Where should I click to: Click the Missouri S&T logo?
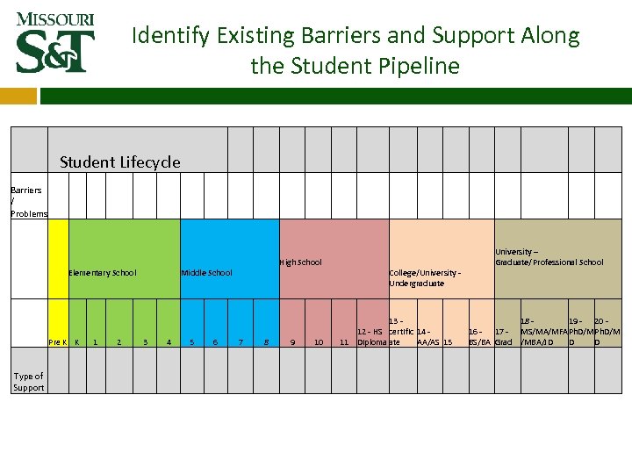(x=55, y=42)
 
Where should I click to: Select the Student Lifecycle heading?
(x=120, y=162)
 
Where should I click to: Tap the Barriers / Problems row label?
(x=26, y=201)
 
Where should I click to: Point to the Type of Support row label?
(x=28, y=382)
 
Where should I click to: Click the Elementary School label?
(x=103, y=272)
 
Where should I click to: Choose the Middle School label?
(x=206, y=272)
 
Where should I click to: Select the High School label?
(x=300, y=262)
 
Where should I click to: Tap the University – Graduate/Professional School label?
(x=549, y=256)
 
